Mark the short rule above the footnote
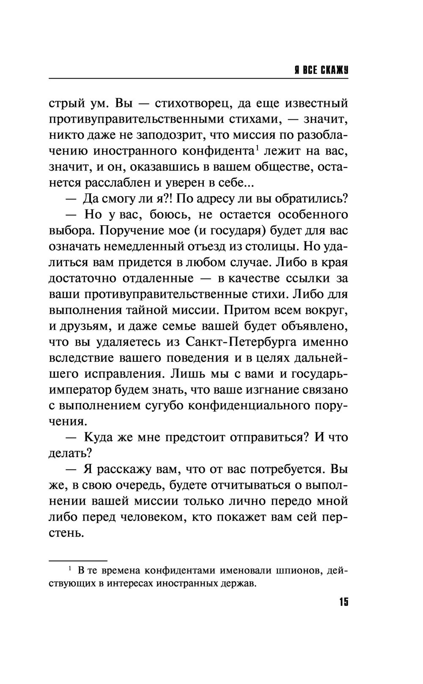click(78, 560)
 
